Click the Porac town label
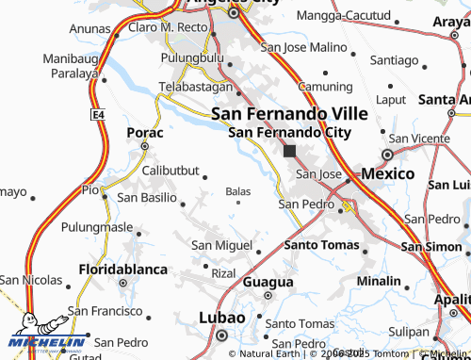[x=145, y=133]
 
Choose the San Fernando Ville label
[x=288, y=112]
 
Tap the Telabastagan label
[x=195, y=85]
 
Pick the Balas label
[x=238, y=191]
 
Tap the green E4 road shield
[x=97, y=114]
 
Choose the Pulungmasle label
[x=97, y=227]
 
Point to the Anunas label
[x=90, y=28]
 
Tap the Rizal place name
[x=223, y=272]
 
